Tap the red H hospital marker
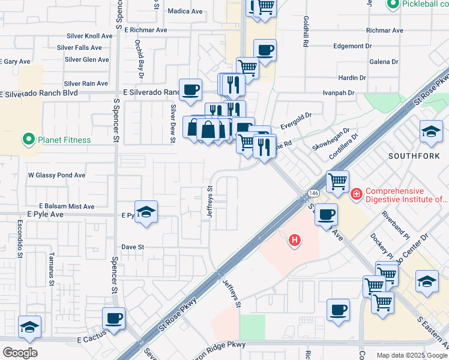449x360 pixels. tap(294, 241)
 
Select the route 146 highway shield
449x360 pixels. tap(314, 193)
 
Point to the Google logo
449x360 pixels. tap(19, 353)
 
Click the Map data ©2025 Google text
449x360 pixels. tap(412, 355)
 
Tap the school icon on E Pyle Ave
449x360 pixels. tap(146, 212)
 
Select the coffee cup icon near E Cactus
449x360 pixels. tap(113, 319)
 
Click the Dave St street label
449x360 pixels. tap(133, 247)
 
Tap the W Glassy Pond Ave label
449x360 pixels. tap(57, 175)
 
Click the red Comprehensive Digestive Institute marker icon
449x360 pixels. tap(356, 193)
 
